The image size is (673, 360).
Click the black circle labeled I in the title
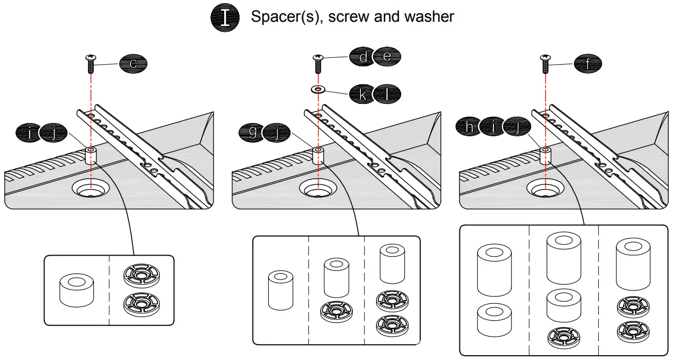click(x=225, y=17)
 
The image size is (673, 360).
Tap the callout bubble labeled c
click(x=133, y=64)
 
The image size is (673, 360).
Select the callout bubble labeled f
click(x=588, y=64)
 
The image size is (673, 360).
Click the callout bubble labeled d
click(x=363, y=57)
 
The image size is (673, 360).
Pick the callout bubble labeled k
click(x=363, y=94)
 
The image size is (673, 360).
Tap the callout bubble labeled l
click(x=387, y=94)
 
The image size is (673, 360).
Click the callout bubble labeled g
click(x=253, y=132)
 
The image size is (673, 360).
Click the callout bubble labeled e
click(x=387, y=57)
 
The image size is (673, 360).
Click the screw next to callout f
click(x=544, y=64)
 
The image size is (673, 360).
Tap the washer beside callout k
click(x=318, y=90)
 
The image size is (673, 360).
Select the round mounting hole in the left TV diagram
click(x=91, y=188)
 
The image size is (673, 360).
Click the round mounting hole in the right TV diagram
click(x=544, y=188)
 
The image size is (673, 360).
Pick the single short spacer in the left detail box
click(x=77, y=289)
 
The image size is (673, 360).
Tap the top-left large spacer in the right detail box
click(x=494, y=269)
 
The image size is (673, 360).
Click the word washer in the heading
click(x=429, y=16)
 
